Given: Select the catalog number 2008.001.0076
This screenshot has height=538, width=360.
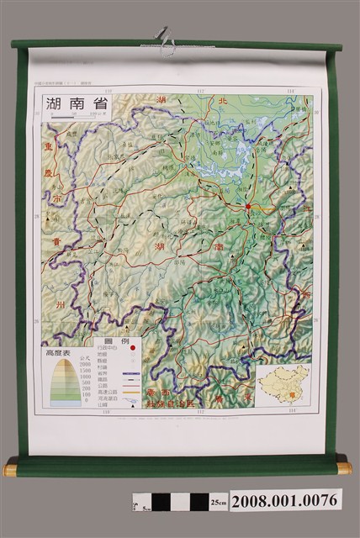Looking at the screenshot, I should point(285,501).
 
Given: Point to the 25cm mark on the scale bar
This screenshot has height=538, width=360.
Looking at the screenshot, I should point(218,502).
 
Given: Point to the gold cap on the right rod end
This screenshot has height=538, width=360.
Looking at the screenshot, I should point(345,467).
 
